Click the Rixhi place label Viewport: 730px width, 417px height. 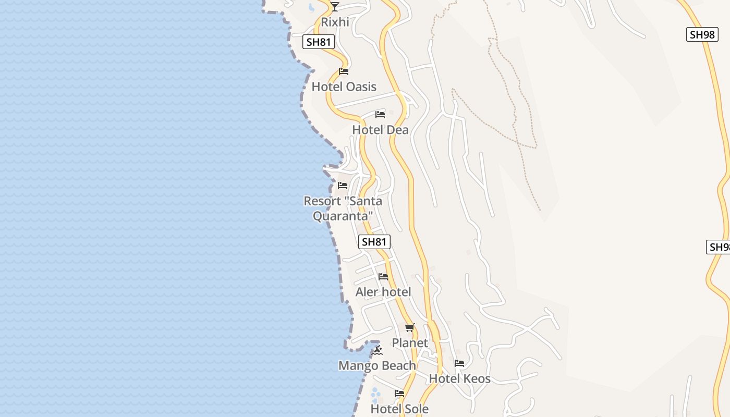(335, 22)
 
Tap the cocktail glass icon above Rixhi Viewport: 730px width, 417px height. (335, 6)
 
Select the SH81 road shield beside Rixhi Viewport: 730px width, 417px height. (319, 42)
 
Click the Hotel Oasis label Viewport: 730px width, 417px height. (344, 87)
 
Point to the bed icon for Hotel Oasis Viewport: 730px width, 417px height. (344, 71)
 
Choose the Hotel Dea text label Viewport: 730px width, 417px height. (380, 130)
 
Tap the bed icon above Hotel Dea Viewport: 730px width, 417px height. (380, 114)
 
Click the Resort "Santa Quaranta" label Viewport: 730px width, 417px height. (343, 208)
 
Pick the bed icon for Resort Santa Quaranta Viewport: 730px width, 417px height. (343, 185)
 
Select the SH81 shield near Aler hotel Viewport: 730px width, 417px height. (374, 241)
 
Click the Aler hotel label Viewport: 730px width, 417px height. (383, 292)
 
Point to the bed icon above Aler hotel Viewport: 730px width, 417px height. (383, 276)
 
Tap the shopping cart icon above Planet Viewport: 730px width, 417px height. (409, 327)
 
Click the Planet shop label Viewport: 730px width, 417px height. (410, 343)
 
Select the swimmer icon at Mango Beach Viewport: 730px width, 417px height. (377, 350)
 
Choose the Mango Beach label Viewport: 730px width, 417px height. (377, 366)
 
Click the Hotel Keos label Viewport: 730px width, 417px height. (459, 379)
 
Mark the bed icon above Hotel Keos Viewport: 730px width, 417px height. (459, 363)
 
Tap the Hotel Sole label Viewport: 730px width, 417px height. (399, 409)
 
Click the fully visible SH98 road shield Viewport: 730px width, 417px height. (701, 34)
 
